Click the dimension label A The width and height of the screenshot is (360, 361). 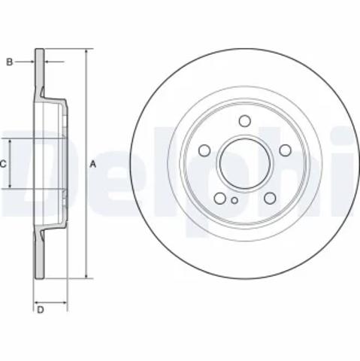[93, 165]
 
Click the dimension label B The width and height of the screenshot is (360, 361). [9, 62]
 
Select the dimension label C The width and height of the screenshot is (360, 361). [3, 165]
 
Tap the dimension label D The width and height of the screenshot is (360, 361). [41, 310]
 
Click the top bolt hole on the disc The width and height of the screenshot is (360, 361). [245, 121]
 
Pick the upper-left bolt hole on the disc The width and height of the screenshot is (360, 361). [204, 150]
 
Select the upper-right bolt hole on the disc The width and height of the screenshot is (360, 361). [286, 150]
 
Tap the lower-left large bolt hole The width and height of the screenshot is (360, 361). [219, 198]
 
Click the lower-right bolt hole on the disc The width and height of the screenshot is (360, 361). [270, 198]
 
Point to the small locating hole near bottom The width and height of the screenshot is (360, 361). [234, 200]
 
